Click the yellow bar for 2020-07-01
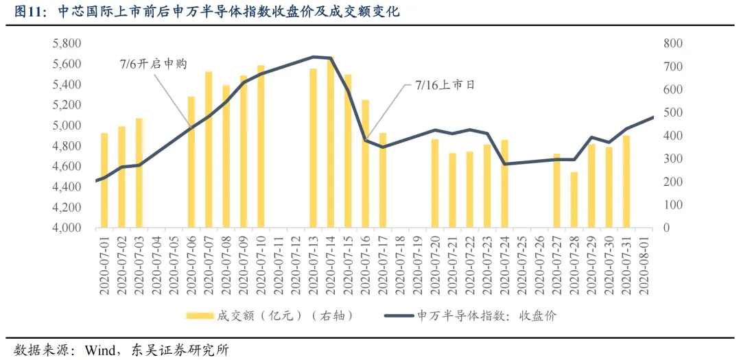click(x=104, y=180)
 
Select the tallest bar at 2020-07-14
click(x=331, y=143)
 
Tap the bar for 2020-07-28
click(x=574, y=200)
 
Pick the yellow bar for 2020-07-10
click(x=261, y=147)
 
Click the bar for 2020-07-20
click(x=435, y=184)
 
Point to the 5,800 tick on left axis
click(x=68, y=44)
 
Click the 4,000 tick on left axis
click(x=68, y=228)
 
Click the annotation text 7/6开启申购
click(x=153, y=64)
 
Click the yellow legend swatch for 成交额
click(x=200, y=315)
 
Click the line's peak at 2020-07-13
click(x=314, y=57)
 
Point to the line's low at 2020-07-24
click(x=505, y=164)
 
